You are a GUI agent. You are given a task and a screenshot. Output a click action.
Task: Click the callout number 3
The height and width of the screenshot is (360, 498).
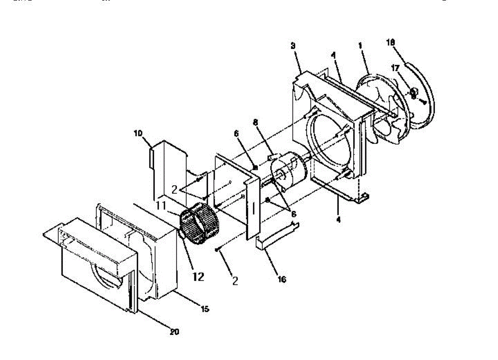[x=293, y=46]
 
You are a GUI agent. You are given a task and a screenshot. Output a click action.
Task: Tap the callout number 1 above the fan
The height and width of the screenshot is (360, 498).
[x=360, y=45]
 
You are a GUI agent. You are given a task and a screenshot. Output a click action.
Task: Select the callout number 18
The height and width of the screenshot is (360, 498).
[x=391, y=42]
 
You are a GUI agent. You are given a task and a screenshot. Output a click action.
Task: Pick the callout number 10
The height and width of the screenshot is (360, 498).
[x=138, y=133]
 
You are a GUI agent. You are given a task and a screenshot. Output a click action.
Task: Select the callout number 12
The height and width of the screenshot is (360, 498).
[x=198, y=277]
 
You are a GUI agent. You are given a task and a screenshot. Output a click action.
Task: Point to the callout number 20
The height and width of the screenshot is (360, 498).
[x=175, y=332]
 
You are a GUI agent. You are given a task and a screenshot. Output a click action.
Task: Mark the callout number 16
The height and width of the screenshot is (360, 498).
[x=281, y=279]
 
